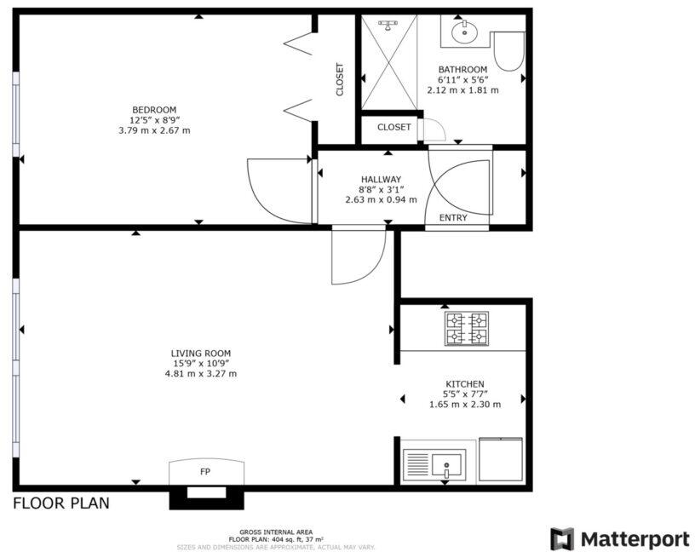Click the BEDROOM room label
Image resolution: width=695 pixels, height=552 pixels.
[154, 110]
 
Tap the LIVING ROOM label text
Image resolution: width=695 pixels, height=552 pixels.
[200, 353]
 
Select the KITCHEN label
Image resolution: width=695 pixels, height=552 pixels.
[464, 384]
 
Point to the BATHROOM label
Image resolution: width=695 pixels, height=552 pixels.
[462, 70]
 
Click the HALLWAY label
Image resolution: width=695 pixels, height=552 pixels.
[381, 179]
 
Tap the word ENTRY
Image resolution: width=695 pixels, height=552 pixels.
[453, 218]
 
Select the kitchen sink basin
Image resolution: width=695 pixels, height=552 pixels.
[446, 465]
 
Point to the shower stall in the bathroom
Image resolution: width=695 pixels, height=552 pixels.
[388, 64]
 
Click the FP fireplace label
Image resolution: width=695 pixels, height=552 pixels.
[205, 471]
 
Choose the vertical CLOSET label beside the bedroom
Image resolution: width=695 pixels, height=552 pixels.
[340, 79]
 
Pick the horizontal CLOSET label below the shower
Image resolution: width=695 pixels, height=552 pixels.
[394, 128]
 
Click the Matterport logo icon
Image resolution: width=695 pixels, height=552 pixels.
[562, 538]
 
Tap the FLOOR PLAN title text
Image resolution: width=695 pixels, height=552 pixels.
[60, 503]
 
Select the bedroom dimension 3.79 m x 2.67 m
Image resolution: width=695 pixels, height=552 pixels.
[154, 130]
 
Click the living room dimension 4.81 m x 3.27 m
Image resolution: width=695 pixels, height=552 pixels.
[200, 373]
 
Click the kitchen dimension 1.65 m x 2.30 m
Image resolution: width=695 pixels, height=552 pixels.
[464, 405]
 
